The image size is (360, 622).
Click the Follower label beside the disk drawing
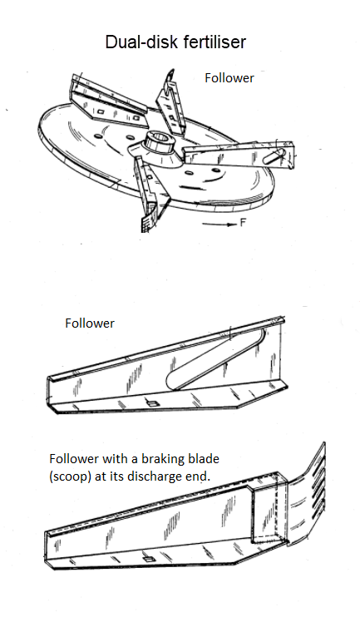(229, 78)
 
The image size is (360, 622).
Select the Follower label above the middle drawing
(90, 323)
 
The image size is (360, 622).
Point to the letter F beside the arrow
(243, 223)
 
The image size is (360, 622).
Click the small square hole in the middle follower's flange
(152, 403)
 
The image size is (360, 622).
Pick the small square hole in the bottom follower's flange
(148, 559)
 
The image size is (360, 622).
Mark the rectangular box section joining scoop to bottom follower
(269, 508)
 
